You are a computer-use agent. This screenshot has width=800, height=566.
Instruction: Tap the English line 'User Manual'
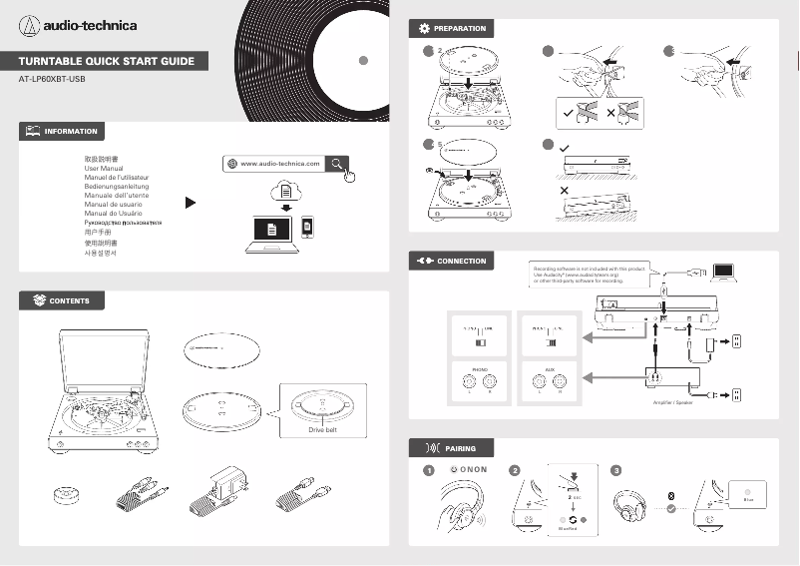103,169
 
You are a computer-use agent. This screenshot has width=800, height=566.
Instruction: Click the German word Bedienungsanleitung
117,188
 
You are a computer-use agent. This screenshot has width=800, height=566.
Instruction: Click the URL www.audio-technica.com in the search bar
280,163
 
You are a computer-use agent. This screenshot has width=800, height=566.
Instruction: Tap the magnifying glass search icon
339,163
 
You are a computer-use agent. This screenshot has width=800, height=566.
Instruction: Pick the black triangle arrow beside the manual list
191,203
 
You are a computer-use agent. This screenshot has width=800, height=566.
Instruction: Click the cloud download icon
286,191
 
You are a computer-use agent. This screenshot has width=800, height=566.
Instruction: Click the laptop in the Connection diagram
724,272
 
